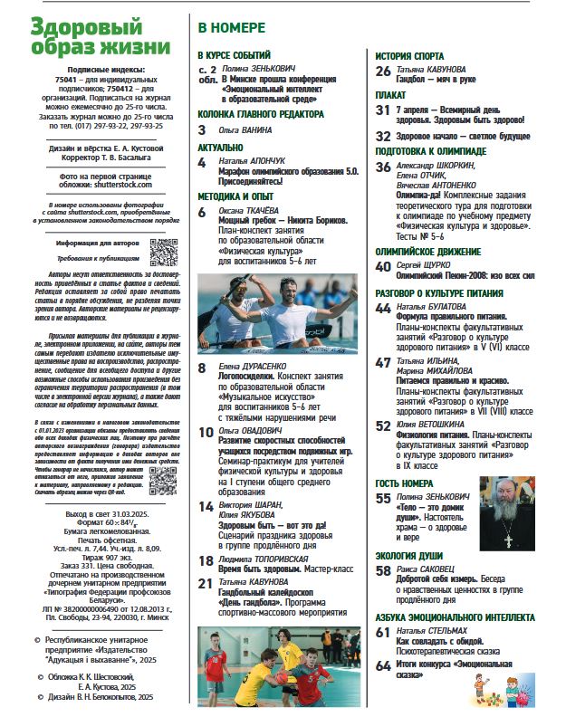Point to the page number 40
click(x=382, y=266)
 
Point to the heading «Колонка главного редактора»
click(x=260, y=114)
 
